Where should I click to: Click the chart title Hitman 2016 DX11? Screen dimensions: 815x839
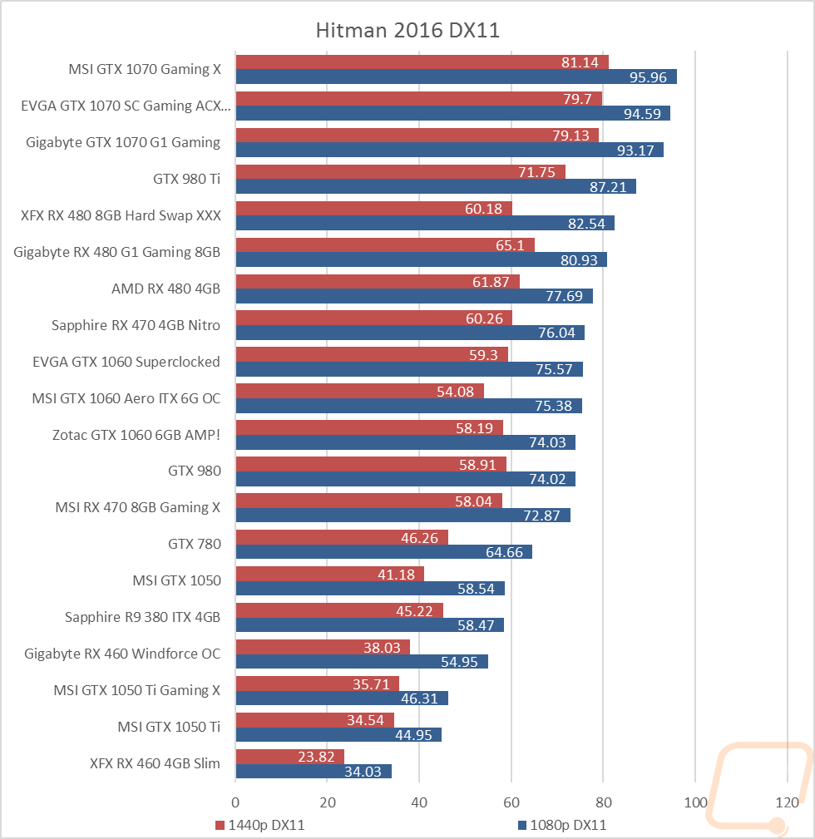[x=407, y=31]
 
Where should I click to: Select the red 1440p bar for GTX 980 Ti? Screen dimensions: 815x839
[x=400, y=172]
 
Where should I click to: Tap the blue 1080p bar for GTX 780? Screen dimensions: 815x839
[x=383, y=551]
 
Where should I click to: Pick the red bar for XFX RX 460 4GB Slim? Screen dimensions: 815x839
[x=289, y=757]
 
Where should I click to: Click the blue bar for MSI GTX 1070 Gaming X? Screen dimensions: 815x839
[x=456, y=76]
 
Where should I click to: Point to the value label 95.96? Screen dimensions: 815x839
[x=648, y=77]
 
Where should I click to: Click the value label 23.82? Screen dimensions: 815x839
[x=316, y=757]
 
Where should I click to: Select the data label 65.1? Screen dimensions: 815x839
[x=510, y=245]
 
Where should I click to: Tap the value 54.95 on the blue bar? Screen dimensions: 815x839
[x=459, y=662]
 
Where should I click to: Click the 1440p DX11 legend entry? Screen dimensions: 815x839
[x=260, y=825]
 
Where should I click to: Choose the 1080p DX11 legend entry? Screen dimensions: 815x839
[x=562, y=825]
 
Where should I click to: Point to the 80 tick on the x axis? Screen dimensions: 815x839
[x=603, y=802]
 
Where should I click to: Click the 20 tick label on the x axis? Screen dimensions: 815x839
[x=328, y=802]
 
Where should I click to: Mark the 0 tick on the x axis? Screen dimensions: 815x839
[x=235, y=802]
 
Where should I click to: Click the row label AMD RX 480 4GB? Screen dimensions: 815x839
[x=165, y=289]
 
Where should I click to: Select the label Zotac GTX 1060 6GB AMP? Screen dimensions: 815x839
[x=136, y=435]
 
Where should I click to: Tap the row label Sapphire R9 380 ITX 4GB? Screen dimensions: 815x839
[x=142, y=618]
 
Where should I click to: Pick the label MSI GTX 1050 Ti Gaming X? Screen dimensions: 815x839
[x=137, y=690]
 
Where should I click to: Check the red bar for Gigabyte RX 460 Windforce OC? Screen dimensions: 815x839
[x=323, y=647]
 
